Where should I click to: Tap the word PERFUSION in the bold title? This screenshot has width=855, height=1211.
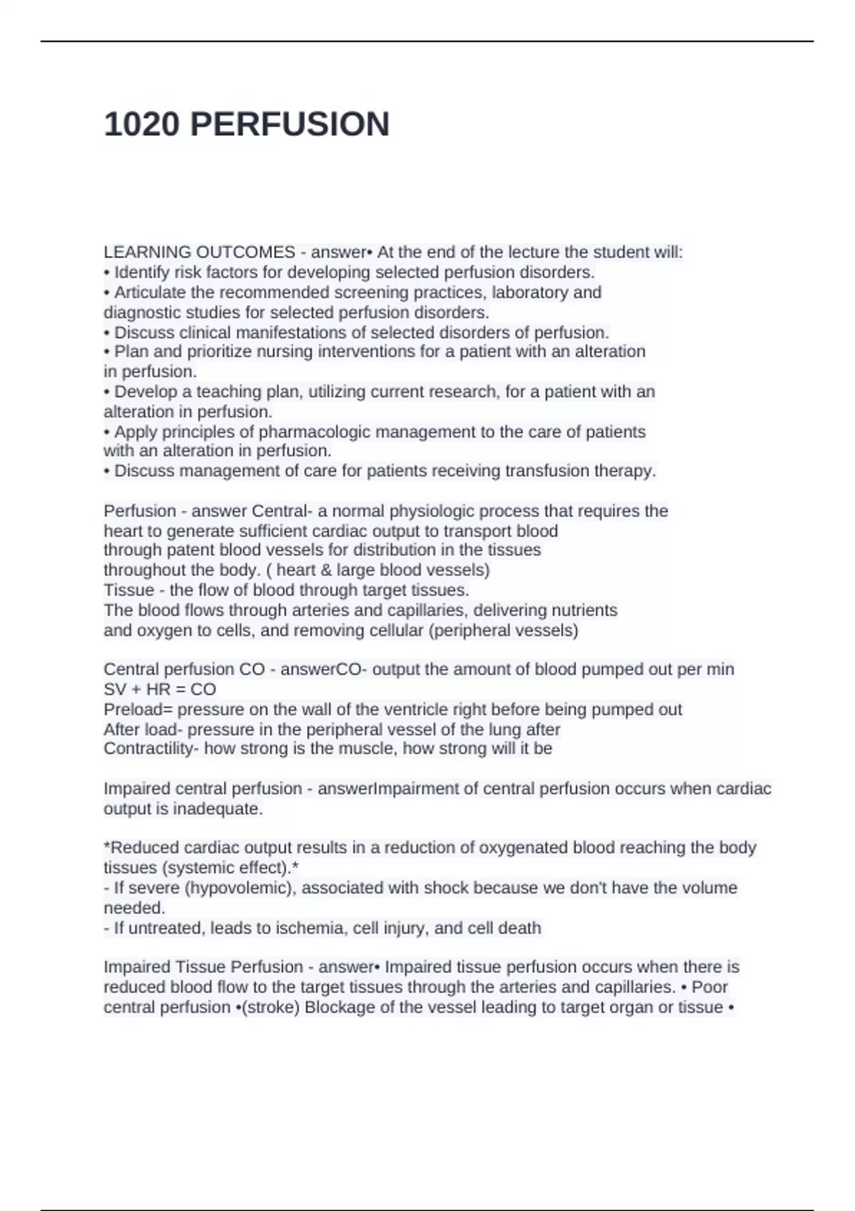(x=290, y=125)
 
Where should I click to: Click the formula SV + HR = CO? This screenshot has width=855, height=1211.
(x=160, y=690)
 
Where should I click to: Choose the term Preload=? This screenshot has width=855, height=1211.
(x=138, y=710)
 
